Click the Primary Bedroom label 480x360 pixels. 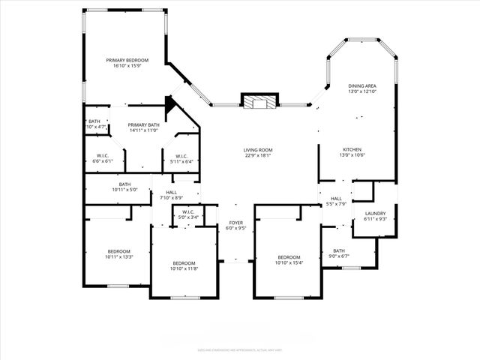127,60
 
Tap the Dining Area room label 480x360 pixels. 361,86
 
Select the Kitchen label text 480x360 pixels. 352,149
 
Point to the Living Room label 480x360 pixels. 257,150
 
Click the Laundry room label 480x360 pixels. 375,213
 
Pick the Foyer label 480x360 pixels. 235,223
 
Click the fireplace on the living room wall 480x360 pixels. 259,102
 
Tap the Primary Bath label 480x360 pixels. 143,125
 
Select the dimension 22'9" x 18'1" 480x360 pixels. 257,156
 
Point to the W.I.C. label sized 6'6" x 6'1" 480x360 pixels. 103,156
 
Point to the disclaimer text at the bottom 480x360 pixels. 239,349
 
